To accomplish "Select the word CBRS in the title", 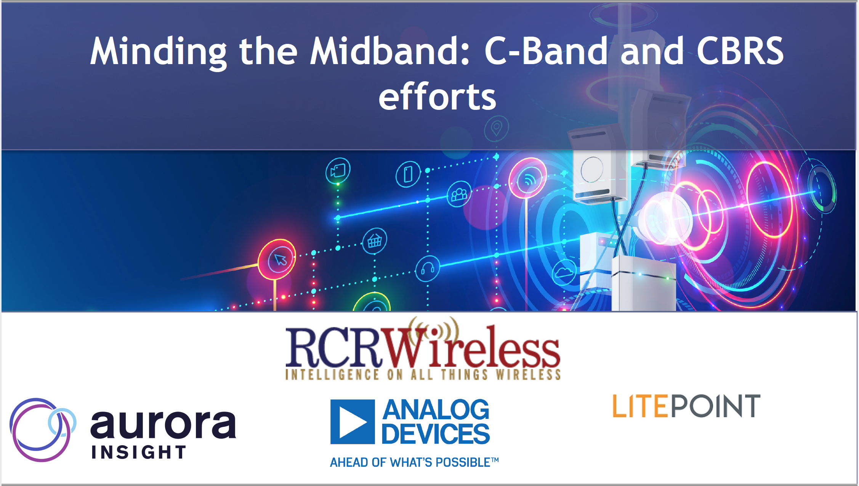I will coord(740,51).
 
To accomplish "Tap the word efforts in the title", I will coord(437,97).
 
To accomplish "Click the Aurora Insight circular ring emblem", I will coord(42,430).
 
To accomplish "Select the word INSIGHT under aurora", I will coord(139,452).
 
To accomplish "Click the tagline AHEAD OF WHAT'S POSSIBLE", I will coord(414,462).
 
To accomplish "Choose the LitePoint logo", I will coord(686,406).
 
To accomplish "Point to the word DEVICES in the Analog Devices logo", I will coord(436,434).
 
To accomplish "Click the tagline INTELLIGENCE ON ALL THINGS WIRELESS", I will coord(423,374).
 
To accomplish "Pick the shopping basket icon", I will coord(375,241).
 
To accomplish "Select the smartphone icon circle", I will coord(408,174).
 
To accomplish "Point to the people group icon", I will coord(459,194).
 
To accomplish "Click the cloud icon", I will coord(564,272).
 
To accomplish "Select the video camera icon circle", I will coord(338,171).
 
